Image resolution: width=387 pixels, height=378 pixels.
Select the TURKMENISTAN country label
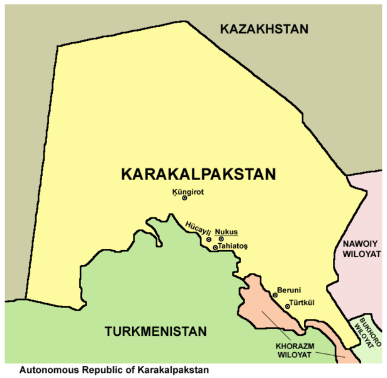tap(156, 331)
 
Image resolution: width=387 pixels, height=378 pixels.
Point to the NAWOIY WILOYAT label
tap(362, 248)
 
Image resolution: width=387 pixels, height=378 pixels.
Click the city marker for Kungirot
tap(184, 198)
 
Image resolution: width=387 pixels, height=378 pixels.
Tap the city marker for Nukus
tap(221, 239)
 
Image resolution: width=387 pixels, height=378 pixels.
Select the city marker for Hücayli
tap(209, 239)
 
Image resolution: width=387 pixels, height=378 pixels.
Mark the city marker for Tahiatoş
tap(215, 248)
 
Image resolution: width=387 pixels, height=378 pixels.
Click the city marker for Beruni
tap(275, 295)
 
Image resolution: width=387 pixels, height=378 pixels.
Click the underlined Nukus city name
tap(227, 231)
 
